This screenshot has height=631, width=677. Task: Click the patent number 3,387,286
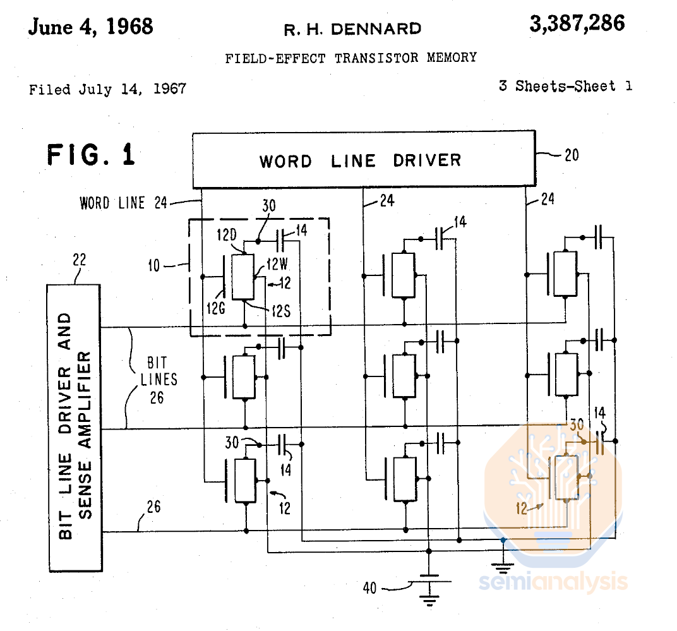click(x=577, y=23)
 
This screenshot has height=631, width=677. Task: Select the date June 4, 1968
click(x=90, y=27)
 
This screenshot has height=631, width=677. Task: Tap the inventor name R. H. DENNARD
click(x=352, y=29)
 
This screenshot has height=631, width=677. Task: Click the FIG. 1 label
click(x=91, y=155)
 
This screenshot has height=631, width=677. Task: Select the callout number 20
click(x=571, y=155)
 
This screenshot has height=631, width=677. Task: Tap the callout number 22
click(x=80, y=260)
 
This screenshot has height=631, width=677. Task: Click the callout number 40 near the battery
click(x=369, y=588)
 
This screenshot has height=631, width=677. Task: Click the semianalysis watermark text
click(x=552, y=581)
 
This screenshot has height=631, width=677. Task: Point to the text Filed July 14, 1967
click(x=107, y=89)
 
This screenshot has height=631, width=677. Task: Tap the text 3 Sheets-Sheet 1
click(x=565, y=86)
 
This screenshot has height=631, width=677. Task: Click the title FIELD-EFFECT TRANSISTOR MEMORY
click(x=350, y=58)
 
